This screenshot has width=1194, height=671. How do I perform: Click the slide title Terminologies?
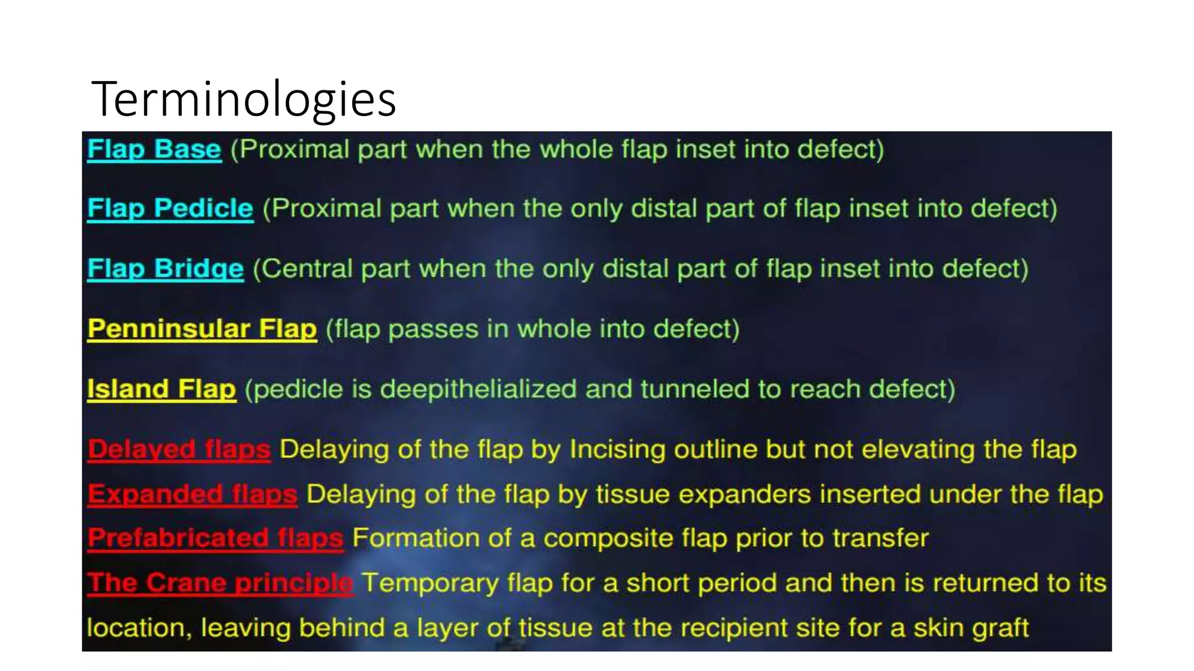click(244, 99)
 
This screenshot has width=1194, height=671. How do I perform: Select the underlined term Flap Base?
click(154, 149)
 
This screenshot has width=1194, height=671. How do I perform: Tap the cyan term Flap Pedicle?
click(170, 209)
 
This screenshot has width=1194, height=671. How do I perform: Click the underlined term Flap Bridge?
click(165, 269)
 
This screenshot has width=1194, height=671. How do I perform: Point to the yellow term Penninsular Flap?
click(202, 329)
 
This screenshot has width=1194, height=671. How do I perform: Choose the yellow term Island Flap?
click(161, 389)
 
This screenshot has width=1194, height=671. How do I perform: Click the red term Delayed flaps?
click(179, 450)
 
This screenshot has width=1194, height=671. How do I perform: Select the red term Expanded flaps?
click(192, 494)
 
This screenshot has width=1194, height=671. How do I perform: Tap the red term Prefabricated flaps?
click(215, 538)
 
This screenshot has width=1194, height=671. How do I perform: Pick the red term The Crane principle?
click(220, 582)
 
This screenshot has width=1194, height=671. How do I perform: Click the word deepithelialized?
click(478, 389)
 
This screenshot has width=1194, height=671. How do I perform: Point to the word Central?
click(308, 269)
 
